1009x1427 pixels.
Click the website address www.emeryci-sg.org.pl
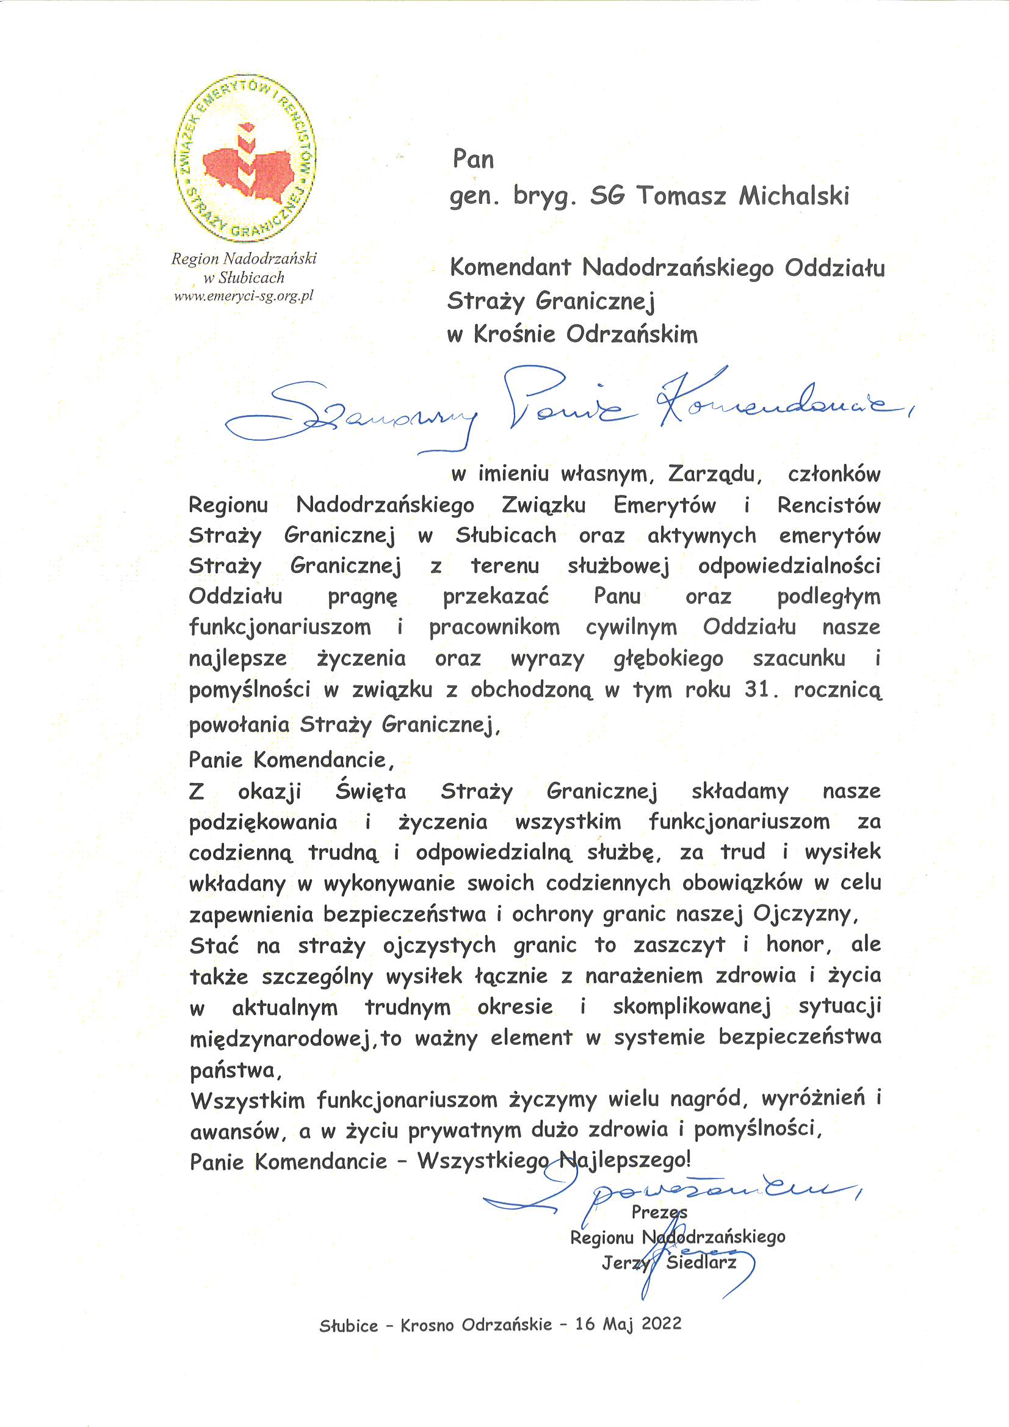[x=244, y=297]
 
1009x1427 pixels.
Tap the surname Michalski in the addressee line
[x=794, y=196]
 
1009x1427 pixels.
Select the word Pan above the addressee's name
[x=473, y=159]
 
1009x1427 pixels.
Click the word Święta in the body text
[x=371, y=791]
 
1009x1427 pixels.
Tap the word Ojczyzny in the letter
[x=805, y=914]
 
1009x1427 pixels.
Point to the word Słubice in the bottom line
[x=349, y=1326]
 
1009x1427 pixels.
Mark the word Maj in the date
[x=618, y=1324]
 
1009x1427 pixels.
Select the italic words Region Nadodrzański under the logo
[x=244, y=259]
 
